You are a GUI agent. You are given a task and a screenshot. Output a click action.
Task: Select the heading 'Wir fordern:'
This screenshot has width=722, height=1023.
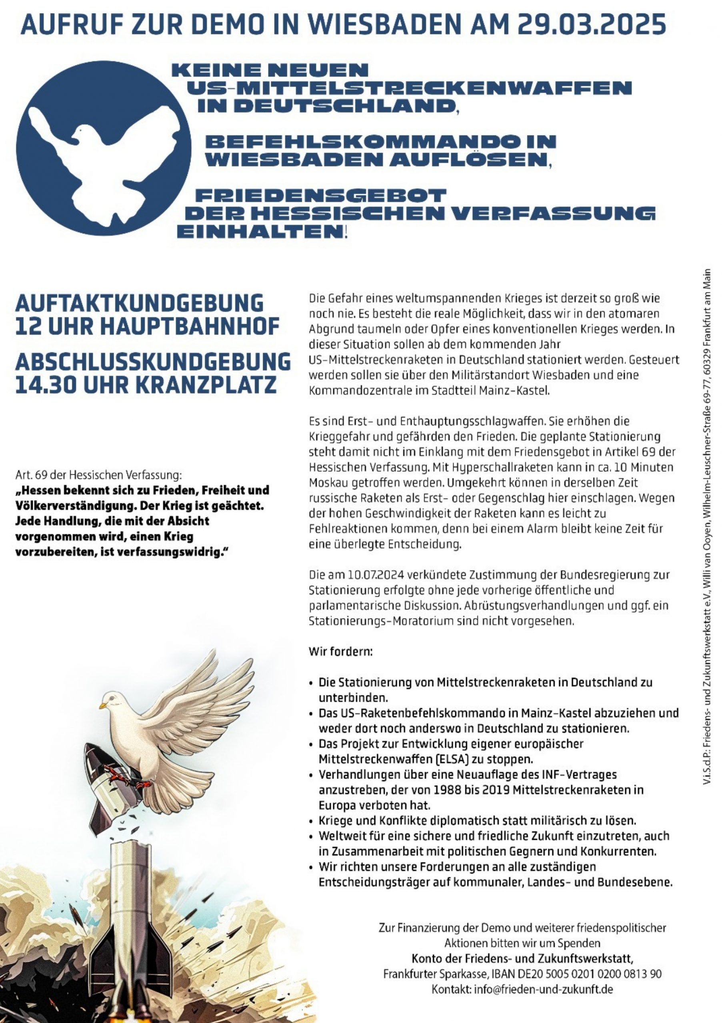point(340,652)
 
